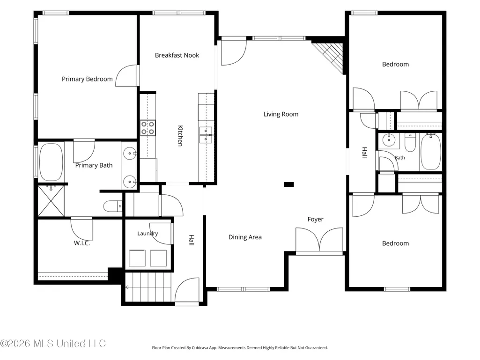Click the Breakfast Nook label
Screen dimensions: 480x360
[x=177, y=55]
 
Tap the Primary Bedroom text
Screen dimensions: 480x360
[x=87, y=79]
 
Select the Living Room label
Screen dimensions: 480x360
[x=281, y=114]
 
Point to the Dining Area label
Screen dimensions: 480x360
[x=245, y=237]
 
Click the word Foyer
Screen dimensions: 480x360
[x=316, y=220]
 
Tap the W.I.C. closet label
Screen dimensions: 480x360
[x=82, y=243]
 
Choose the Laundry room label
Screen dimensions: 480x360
[x=148, y=234]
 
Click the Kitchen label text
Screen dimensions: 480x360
[x=181, y=136]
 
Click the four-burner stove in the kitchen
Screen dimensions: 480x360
[x=148, y=128]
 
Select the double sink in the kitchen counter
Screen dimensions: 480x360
[x=206, y=135]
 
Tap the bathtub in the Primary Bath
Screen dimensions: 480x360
[x=51, y=162]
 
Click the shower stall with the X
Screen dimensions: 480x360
[x=51, y=201]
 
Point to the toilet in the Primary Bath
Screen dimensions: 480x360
[x=113, y=206]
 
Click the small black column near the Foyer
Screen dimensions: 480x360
[x=288, y=184]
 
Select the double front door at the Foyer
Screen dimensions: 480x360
[x=319, y=240]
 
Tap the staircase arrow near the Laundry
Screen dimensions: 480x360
[x=127, y=287]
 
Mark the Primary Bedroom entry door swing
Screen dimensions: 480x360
[x=126, y=76]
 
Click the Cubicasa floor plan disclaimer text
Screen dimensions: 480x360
[x=240, y=348]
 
